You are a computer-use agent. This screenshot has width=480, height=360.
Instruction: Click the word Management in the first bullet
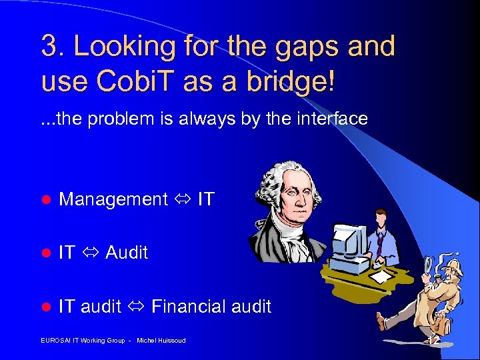[x=113, y=199]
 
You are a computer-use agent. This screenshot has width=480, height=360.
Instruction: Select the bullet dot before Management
[x=46, y=199]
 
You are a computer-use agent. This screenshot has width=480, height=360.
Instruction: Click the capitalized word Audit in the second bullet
[x=127, y=253]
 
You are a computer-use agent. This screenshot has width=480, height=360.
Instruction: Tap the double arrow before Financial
[x=137, y=307]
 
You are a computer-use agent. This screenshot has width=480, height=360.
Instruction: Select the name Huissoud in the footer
[x=170, y=341]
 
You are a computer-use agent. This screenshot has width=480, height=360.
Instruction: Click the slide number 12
[x=434, y=340]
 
